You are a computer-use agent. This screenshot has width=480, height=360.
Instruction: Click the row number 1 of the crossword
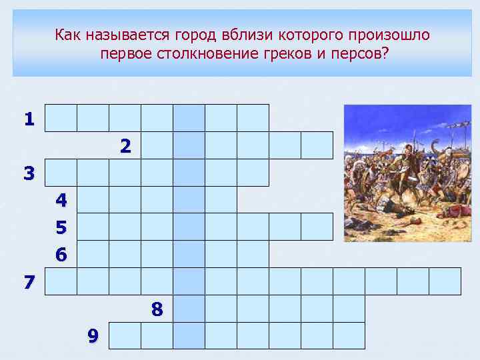(29, 119)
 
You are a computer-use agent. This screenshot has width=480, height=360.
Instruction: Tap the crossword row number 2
(125, 146)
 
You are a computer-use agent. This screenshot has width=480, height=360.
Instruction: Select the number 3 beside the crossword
(29, 174)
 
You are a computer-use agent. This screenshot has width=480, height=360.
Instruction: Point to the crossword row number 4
(61, 200)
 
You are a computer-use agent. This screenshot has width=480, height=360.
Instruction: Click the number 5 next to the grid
(61, 228)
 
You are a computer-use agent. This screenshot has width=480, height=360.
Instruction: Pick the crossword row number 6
(61, 255)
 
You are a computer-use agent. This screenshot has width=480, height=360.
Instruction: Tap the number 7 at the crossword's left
(29, 282)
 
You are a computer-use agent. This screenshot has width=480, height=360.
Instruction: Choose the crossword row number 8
(157, 309)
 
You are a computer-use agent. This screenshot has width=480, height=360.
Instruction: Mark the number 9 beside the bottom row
(93, 337)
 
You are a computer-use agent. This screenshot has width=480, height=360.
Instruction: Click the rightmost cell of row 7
(445, 281)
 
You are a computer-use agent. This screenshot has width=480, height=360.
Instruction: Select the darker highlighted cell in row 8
(189, 309)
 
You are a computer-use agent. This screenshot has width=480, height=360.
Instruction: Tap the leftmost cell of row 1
(61, 118)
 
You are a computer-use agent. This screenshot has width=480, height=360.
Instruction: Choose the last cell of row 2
(317, 145)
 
